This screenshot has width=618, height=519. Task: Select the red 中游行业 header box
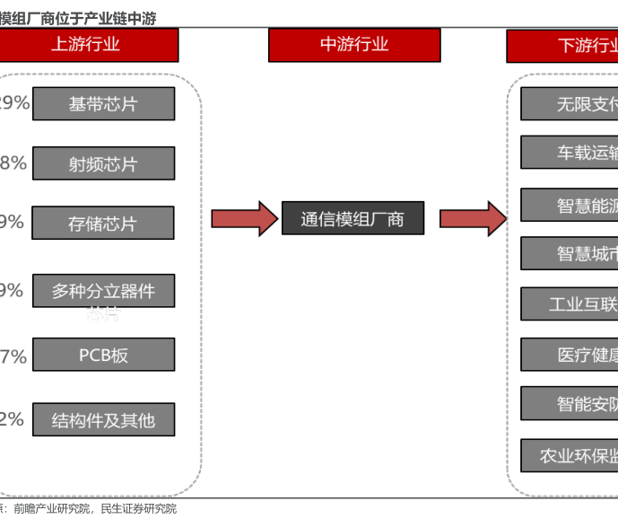(354, 45)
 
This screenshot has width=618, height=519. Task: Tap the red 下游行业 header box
(563, 46)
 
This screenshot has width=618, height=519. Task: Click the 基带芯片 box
(103, 104)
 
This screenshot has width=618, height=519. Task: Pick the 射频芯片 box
(103, 164)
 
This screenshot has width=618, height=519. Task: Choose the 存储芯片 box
(103, 224)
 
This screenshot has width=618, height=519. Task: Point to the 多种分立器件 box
(103, 291)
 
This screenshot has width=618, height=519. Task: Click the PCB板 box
(103, 355)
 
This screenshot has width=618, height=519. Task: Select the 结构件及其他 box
(103, 420)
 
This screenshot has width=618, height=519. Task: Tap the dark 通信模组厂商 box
(353, 219)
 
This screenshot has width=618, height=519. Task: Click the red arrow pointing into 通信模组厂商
(244, 219)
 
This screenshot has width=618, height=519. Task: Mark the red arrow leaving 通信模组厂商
(472, 219)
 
